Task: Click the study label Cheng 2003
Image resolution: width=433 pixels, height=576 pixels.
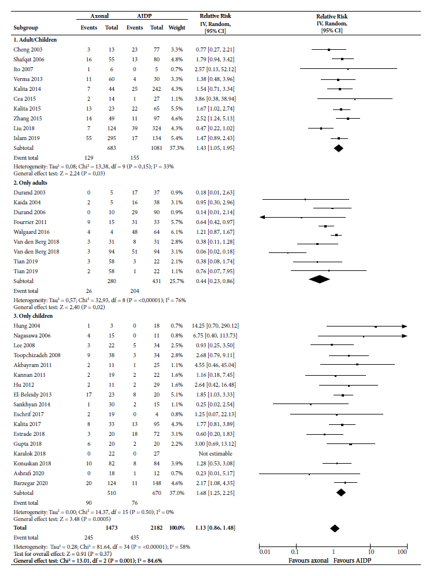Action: click(28, 50)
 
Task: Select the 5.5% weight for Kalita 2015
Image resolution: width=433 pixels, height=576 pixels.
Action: click(177, 109)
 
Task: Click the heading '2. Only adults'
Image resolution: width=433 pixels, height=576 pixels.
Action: click(31, 182)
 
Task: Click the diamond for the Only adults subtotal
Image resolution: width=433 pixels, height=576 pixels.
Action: click(319, 279)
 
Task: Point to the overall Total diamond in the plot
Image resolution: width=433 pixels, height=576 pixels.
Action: click(334, 529)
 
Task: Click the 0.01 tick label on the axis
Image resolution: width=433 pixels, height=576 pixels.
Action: click(265, 552)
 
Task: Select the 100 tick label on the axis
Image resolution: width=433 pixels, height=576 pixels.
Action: click(402, 552)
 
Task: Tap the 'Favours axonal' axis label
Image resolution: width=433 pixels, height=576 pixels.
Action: click(308, 560)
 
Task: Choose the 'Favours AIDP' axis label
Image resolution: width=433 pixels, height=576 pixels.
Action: click(352, 560)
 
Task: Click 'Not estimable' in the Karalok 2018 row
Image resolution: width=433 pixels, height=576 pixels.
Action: click(216, 454)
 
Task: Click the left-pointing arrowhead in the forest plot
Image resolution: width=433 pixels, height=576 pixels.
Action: click(262, 217)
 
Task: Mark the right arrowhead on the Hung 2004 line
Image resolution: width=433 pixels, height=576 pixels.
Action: click(404, 326)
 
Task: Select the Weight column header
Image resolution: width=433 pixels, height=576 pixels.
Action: click(177, 28)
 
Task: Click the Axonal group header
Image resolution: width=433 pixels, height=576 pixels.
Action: click(99, 16)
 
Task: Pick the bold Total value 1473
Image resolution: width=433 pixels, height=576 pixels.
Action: click(112, 527)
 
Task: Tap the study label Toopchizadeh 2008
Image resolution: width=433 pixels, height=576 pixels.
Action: click(37, 355)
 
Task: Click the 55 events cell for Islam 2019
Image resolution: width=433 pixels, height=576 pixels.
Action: click(89, 138)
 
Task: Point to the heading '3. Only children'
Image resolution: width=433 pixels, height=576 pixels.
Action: click(33, 316)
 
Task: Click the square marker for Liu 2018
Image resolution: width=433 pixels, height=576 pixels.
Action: click(321, 128)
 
